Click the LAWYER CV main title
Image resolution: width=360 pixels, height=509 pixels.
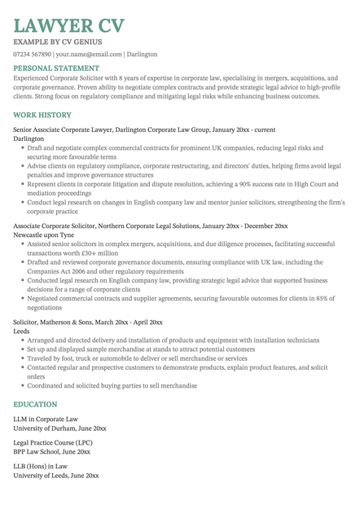[68, 24]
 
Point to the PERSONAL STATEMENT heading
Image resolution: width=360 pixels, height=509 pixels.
[56, 68]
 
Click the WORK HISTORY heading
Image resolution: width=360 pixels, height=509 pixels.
[42, 116]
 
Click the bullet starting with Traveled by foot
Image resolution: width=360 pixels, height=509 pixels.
[137, 358]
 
